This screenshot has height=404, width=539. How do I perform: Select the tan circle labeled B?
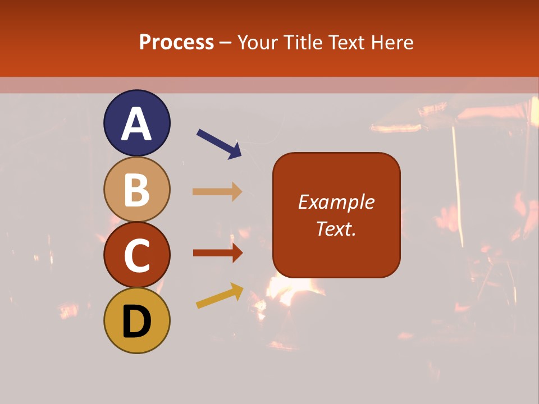coord(137,189)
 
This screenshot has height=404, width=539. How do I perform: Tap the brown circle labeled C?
coord(137,255)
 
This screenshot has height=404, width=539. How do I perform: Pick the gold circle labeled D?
coord(137,321)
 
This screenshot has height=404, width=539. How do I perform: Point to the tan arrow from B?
coord(217,191)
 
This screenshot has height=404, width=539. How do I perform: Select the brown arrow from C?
coord(217,253)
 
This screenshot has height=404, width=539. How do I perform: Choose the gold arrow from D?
coord(220,296)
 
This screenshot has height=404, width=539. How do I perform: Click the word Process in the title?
coord(176,42)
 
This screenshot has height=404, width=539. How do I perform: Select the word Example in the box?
coord(336,202)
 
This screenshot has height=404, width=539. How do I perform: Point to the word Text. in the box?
coord(336,228)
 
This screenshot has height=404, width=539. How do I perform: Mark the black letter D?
coord(137,322)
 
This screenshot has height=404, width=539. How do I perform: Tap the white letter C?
coord(137,256)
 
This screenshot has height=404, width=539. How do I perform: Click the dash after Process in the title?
coord(225,43)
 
